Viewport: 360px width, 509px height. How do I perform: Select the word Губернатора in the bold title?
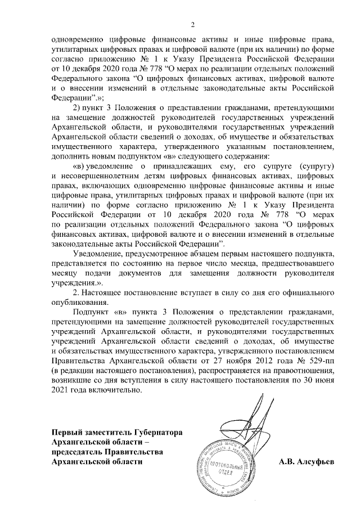click(157, 432)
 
